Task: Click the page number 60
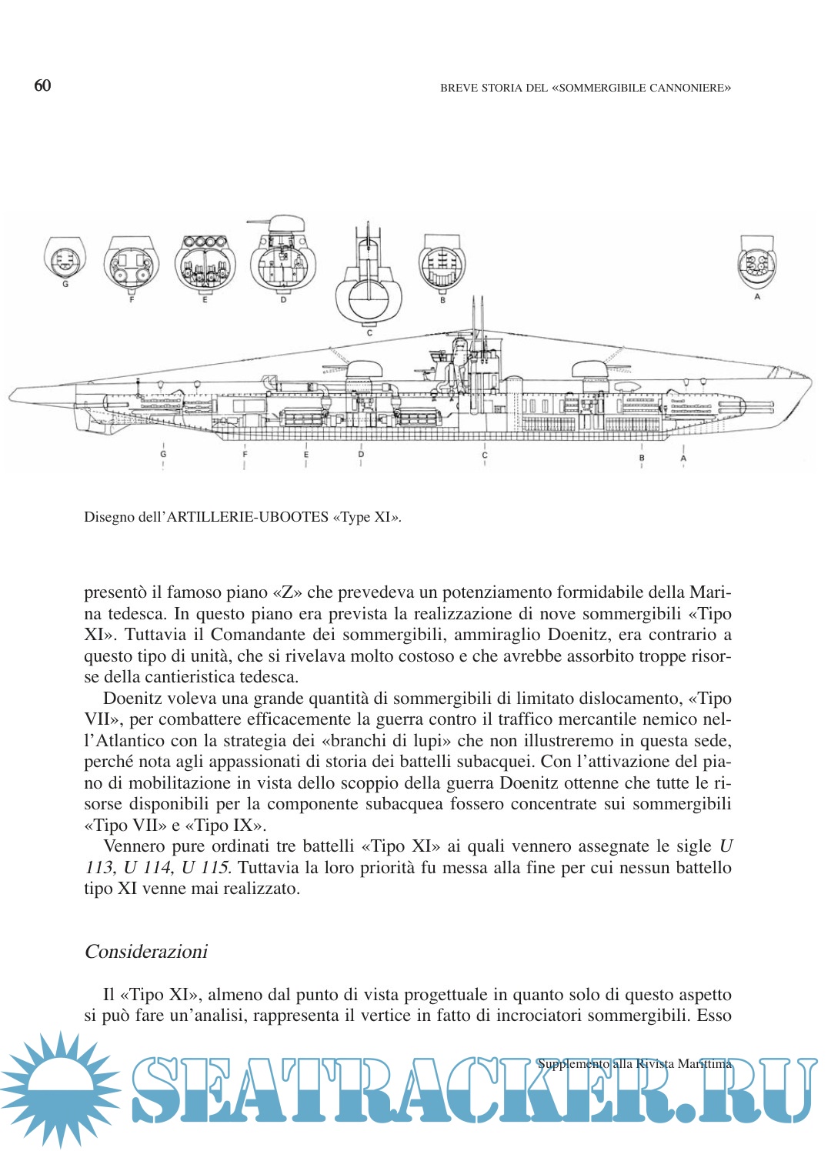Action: pos(42,85)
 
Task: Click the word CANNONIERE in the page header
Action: pos(688,88)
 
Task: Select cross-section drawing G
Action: pos(65,259)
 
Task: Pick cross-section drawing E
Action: pos(205,264)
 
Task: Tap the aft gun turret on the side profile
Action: pos(364,369)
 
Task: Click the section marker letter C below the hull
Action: pos(485,455)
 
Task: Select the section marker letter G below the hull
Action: pos(163,455)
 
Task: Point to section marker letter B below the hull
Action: pos(642,458)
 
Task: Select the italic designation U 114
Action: pos(147,867)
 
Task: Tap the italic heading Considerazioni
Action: pos(146,952)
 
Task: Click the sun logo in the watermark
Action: pos(60,1089)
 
